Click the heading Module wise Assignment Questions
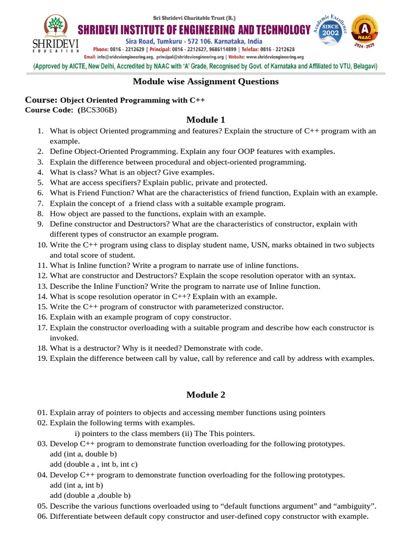point(205,82)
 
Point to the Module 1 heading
point(205,119)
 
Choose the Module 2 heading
point(205,395)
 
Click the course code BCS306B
point(98,110)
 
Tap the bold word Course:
point(41,100)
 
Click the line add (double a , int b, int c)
point(94,465)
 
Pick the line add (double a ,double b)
point(90,496)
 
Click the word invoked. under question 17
point(64,338)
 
